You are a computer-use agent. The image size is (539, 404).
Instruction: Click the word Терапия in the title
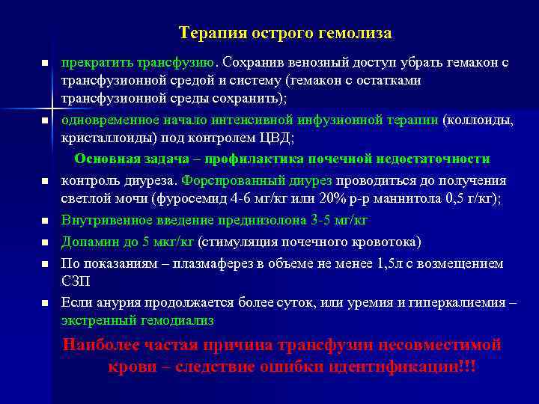tap(207, 34)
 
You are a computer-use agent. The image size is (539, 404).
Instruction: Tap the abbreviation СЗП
tap(76, 281)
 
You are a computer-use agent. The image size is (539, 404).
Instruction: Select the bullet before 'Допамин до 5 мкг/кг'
tap(45, 242)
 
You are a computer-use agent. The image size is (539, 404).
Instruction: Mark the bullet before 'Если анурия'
tap(45, 303)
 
